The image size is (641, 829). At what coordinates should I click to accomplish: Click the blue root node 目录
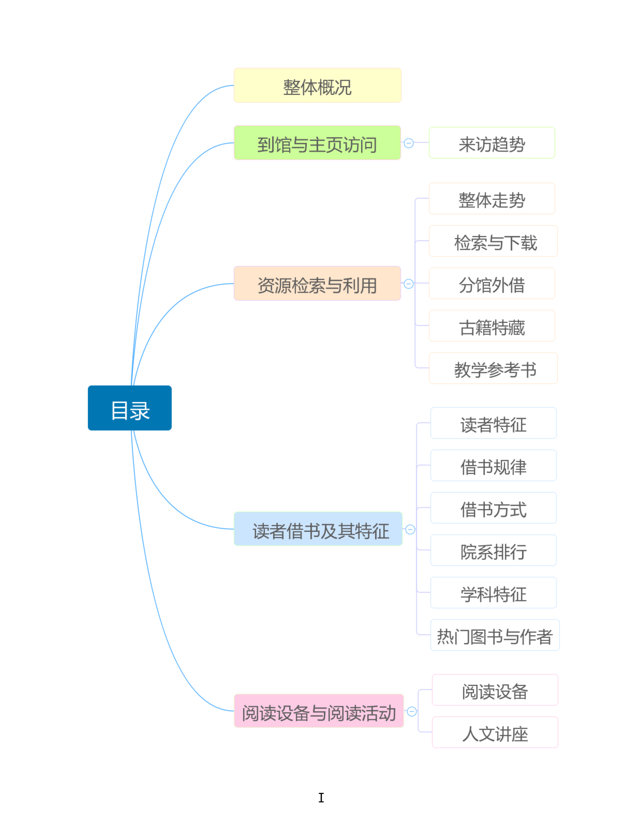(129, 408)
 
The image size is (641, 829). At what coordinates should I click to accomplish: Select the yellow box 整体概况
(317, 85)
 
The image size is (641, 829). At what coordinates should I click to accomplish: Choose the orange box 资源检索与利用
(317, 284)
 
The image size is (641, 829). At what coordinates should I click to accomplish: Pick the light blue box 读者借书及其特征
(318, 529)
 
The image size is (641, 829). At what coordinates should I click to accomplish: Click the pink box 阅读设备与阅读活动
(318, 711)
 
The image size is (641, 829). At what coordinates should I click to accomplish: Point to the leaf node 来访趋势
(492, 143)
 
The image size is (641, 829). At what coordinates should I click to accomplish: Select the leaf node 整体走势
(492, 198)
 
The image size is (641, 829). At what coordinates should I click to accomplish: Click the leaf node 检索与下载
(493, 241)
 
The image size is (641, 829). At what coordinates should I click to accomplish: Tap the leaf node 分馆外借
(492, 284)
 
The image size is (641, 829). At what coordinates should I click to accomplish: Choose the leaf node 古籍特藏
(492, 326)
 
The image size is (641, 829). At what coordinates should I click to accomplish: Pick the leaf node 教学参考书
(493, 368)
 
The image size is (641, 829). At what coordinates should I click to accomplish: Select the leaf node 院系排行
(493, 550)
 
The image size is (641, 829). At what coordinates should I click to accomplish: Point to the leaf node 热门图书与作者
(495, 635)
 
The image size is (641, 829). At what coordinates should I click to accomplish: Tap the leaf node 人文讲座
(495, 732)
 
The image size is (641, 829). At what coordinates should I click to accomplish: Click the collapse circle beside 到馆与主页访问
(408, 143)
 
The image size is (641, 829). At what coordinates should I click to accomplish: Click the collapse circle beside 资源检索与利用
(408, 284)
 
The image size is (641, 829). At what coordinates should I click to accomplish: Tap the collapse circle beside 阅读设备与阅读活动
(412, 711)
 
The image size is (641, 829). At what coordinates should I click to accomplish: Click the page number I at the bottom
(321, 798)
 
